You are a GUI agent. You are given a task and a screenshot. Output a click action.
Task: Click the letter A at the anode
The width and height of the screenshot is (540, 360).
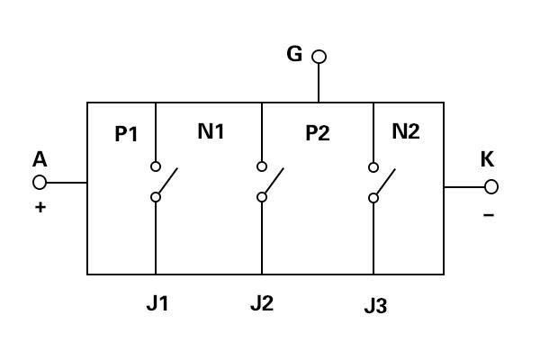coord(40,159)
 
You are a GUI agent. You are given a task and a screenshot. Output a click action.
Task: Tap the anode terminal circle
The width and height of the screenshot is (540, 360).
coord(40,182)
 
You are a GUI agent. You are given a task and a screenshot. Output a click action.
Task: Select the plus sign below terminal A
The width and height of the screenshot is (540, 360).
coord(40,207)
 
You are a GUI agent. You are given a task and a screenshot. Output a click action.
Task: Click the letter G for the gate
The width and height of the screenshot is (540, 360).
coord(294,54)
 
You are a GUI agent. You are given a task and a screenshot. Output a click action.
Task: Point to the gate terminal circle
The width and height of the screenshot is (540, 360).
coord(319,57)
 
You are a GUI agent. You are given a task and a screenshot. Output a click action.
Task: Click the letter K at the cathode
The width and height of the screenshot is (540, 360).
coord(487,159)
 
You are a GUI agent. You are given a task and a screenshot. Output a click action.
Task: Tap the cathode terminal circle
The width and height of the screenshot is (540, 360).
coord(491,186)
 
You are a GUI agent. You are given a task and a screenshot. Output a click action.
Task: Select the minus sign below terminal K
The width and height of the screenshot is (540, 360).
coord(489,215)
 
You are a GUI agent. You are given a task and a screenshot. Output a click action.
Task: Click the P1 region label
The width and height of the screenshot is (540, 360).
coord(126,134)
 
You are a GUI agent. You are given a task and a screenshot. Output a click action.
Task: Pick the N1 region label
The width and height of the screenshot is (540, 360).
coord(211,130)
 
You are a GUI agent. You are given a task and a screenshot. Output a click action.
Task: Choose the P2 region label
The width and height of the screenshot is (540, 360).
coord(318,133)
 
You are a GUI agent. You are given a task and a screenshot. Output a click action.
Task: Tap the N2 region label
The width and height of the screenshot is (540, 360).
coord(406,130)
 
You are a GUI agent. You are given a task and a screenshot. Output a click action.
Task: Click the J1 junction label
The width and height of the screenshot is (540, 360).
coord(157,303)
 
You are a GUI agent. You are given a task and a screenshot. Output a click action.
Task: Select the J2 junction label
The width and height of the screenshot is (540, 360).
coord(262,303)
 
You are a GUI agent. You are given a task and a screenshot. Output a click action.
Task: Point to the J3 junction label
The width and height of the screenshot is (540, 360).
coord(375,306)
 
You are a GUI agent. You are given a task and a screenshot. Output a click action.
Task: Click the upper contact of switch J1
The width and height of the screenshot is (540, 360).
coord(156,166)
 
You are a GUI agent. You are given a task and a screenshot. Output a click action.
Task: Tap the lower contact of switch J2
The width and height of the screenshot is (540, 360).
coord(262,197)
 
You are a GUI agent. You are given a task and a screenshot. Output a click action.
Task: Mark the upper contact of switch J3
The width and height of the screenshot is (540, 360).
coord(373,167)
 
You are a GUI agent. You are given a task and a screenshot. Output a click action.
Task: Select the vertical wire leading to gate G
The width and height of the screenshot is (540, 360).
coord(319,83)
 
